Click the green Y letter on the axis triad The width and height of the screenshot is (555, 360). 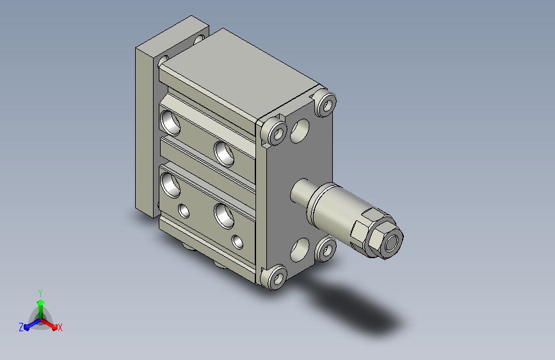pos(40,293)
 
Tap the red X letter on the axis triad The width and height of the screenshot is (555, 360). pos(60,327)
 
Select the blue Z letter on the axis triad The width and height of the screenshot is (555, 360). pos(21,327)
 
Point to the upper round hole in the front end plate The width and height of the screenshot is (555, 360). pos(300,131)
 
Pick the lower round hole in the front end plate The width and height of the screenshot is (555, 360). pos(300,250)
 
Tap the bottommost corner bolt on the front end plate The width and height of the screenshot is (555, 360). pos(276,277)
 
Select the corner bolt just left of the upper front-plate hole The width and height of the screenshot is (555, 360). pos(275,131)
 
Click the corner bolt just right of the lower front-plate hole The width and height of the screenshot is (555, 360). pos(326,249)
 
